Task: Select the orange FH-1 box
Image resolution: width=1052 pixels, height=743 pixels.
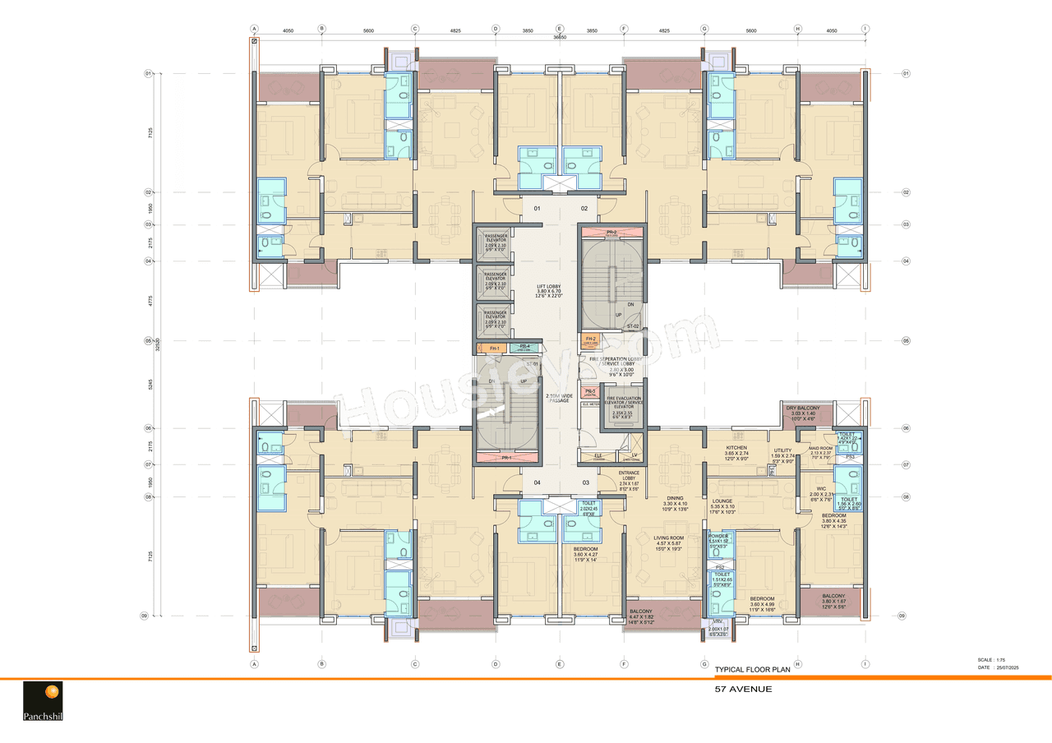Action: click(x=494, y=348)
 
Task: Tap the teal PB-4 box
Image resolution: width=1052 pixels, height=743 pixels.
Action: click(x=524, y=348)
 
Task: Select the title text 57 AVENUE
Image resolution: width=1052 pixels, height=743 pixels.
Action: click(x=743, y=689)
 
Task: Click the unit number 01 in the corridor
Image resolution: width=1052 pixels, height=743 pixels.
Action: click(x=537, y=209)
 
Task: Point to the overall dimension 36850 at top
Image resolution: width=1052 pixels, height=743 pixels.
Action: click(x=560, y=36)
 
